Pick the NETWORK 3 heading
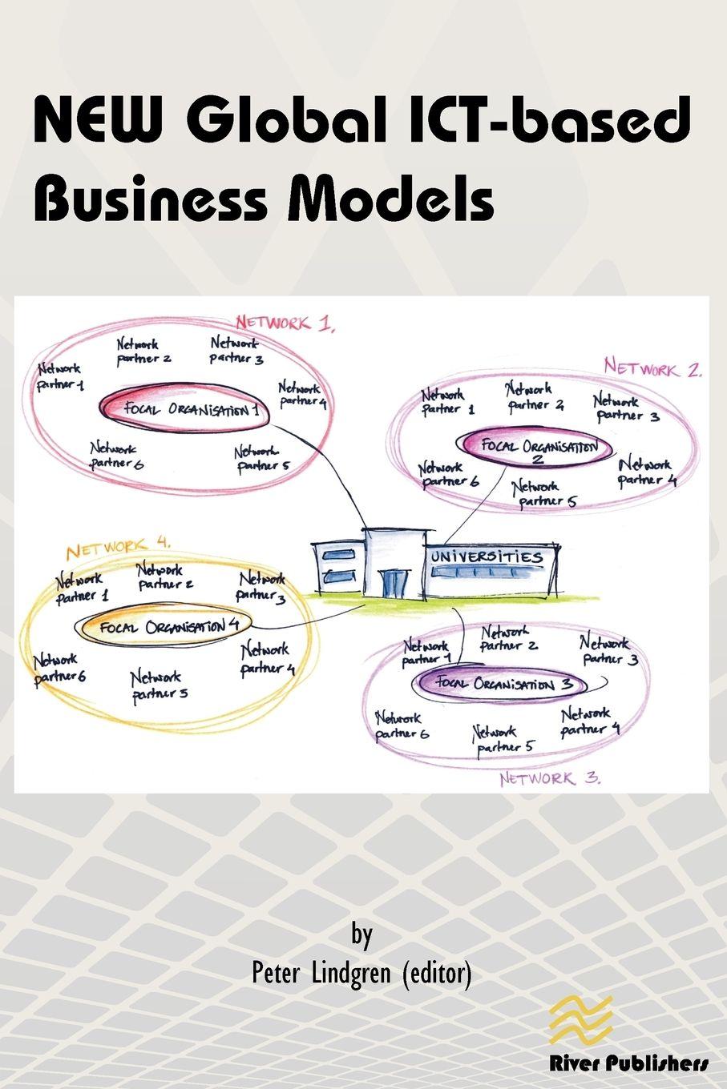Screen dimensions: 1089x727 [550, 778]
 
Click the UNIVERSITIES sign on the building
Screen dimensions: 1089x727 [487, 557]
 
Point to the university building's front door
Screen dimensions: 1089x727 [394, 583]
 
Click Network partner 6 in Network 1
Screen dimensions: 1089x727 [115, 456]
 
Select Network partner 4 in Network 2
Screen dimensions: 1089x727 [646, 472]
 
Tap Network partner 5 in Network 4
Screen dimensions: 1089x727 [159, 685]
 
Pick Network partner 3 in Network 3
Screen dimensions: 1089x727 [608, 650]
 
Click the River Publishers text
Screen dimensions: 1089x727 [628, 1063]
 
